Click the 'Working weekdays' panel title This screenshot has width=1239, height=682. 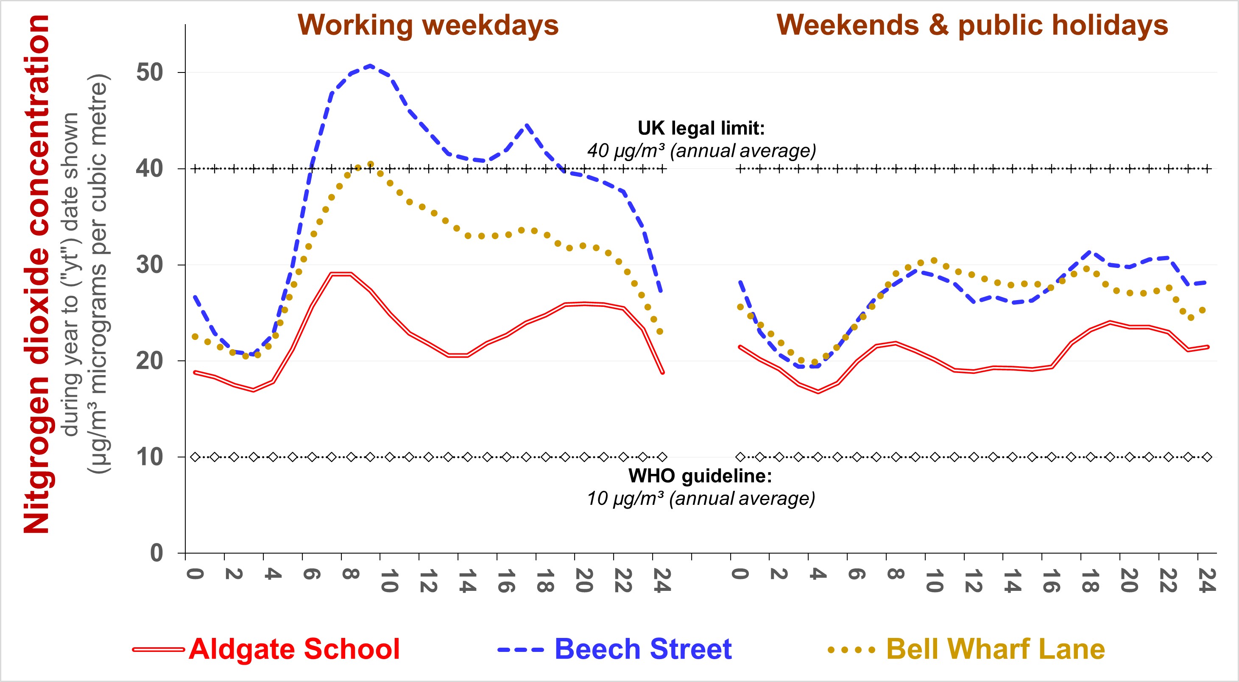click(x=428, y=25)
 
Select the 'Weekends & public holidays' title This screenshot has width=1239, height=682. click(x=972, y=25)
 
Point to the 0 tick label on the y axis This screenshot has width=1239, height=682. click(x=157, y=553)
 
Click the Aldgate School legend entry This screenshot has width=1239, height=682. click(x=294, y=649)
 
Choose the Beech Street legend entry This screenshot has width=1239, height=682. click(x=642, y=649)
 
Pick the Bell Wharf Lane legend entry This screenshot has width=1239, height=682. click(x=995, y=649)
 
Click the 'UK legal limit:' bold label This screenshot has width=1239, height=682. click(x=701, y=128)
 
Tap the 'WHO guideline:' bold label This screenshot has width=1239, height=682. click(x=700, y=476)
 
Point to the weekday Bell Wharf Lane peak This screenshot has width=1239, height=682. click(x=370, y=164)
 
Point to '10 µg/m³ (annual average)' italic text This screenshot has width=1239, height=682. click(x=701, y=499)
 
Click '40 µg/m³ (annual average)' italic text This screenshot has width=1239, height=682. click(x=702, y=151)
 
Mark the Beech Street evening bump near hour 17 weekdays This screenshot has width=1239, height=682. click(x=527, y=125)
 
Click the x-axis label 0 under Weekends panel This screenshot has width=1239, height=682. click(x=740, y=574)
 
